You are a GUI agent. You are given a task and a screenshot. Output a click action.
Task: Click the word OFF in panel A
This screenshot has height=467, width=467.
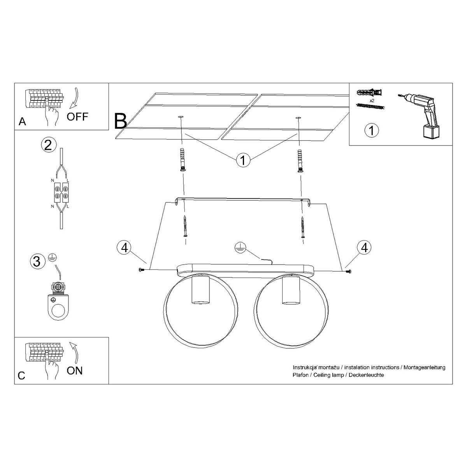coord(77,116)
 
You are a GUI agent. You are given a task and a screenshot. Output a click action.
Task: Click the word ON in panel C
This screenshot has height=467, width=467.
coord(74,370)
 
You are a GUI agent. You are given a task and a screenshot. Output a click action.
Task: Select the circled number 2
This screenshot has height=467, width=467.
coord(47,145)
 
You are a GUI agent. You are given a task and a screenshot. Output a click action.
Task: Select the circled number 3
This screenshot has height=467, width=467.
coord(36,261)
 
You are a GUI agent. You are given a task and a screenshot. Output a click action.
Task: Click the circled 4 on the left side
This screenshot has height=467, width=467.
coord(124,248)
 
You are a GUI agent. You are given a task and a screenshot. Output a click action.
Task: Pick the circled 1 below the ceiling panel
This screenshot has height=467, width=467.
coord(243,160)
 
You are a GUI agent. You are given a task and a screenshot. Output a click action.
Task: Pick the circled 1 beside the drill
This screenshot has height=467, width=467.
coord(371,130)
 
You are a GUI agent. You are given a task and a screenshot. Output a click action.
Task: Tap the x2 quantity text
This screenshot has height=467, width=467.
coord(372,100)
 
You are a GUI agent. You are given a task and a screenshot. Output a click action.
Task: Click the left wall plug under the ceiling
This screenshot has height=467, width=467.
coord(182,160)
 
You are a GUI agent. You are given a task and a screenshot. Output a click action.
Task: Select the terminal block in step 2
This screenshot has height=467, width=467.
coord(61,191)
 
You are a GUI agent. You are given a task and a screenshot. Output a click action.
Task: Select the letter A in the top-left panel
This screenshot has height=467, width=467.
coord(22,122)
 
